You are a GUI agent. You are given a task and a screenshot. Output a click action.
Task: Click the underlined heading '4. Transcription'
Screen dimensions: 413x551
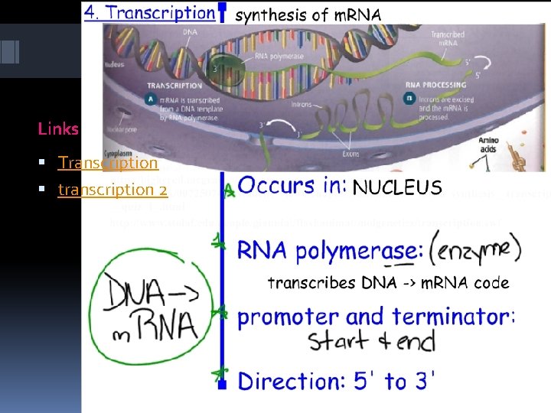tap(150, 13)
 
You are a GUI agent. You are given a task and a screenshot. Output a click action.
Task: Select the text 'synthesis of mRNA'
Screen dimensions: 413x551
tap(307, 15)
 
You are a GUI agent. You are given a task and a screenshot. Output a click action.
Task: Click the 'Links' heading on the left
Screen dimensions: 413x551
tap(58, 128)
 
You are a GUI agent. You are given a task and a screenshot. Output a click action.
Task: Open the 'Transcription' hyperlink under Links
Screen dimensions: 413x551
tap(108, 163)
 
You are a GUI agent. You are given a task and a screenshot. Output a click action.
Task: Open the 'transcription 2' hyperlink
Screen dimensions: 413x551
tap(112, 190)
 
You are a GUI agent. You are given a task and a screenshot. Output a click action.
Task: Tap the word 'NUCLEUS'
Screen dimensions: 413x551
tap(396, 187)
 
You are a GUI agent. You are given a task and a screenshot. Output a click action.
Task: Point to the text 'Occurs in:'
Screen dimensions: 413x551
tap(292, 187)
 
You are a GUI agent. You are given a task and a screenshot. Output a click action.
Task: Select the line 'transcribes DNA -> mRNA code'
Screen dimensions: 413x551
tap(388, 282)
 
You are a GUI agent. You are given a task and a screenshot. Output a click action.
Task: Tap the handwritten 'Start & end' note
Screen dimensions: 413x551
tap(372, 340)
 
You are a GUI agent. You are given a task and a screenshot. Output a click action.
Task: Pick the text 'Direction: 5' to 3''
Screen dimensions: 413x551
tap(337, 380)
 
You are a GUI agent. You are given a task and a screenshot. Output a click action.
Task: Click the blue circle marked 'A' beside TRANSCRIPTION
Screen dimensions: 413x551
tap(138, 100)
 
